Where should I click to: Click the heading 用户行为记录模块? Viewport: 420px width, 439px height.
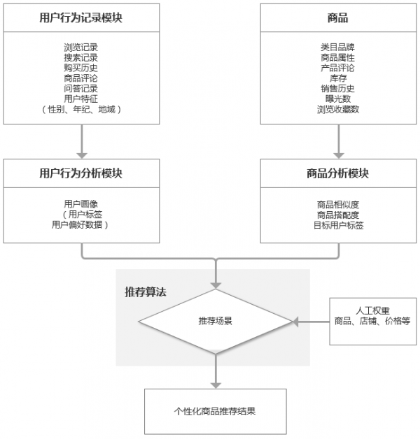click(x=81, y=18)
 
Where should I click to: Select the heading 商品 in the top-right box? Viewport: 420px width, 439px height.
click(x=337, y=18)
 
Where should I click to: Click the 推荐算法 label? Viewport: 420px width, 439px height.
click(x=146, y=291)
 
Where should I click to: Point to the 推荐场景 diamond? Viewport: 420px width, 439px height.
click(x=216, y=322)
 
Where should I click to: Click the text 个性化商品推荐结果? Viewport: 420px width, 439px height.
click(x=215, y=411)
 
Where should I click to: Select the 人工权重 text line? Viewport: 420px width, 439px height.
click(x=372, y=310)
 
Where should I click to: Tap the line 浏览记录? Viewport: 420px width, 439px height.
click(x=81, y=47)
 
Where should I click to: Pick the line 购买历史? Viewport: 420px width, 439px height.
click(x=81, y=68)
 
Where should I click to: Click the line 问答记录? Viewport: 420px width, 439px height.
click(x=81, y=89)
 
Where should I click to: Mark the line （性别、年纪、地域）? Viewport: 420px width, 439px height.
click(x=81, y=110)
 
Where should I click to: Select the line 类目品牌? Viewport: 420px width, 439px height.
click(x=337, y=47)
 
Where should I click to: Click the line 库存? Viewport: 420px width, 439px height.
click(x=337, y=78)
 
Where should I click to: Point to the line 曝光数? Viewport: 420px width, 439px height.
click(x=337, y=99)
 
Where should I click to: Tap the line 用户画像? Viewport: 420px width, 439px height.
click(x=81, y=204)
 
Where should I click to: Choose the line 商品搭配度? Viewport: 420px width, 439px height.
click(x=337, y=215)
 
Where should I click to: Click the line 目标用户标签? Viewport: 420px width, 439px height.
click(x=337, y=225)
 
